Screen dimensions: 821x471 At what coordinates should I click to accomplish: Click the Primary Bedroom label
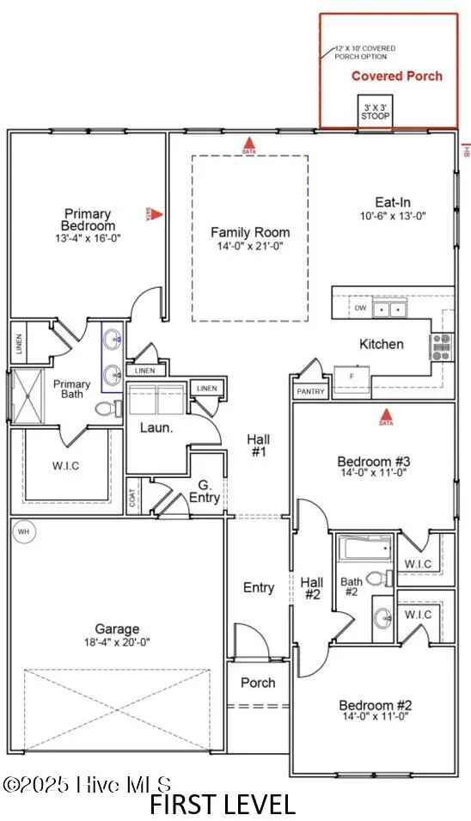point(87,220)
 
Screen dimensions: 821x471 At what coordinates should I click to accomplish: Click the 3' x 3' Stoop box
point(376,109)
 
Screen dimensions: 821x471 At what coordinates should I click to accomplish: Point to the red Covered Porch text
point(396,76)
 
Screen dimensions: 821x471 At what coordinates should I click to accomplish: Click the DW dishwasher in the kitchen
point(361,307)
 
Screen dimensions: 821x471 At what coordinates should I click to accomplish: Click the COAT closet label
point(134,502)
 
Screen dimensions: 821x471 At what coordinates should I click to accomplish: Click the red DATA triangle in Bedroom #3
point(386,420)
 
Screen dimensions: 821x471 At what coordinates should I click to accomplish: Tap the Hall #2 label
point(312,588)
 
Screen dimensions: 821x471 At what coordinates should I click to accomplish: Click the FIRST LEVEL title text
point(223,806)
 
